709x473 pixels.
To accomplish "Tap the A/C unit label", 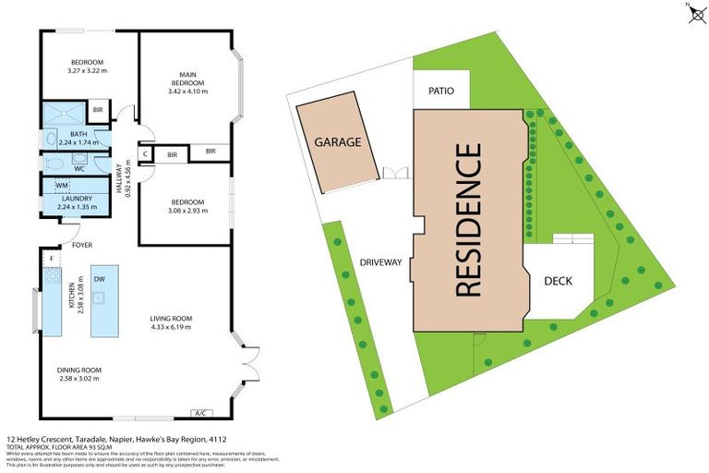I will pos(200,412).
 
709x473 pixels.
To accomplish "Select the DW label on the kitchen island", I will pos(99,279).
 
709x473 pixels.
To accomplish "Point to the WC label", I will pos(80,169).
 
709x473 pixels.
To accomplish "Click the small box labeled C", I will pos(145,154).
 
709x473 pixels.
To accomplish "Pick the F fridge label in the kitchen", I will pos(52,258).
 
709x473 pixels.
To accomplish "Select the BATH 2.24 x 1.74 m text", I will pos(78,139).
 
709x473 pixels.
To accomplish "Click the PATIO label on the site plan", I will pos(441,91).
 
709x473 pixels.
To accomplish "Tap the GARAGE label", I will pos(337,142).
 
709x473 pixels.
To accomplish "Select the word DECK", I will pos(559,281).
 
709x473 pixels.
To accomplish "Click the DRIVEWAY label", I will pos(381,262).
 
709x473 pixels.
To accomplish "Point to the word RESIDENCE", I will pos(469,220).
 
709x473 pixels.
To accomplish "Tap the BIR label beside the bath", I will pos(98,112).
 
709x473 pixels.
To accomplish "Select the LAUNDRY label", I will pos(77,199).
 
